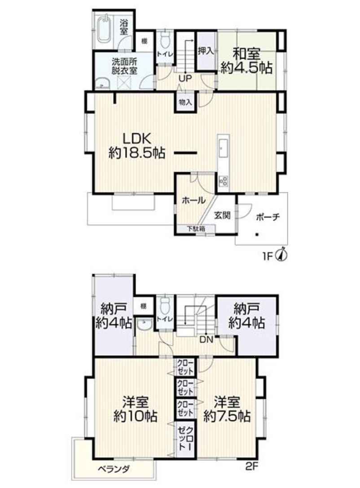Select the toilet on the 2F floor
coord(164,306)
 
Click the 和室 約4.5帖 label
coord(246,61)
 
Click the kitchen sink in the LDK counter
coord(223,148)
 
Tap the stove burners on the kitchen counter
coord(223,180)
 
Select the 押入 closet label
coord(206,51)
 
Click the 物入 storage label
coord(185,102)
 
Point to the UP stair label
coord(185,78)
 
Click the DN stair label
coord(206,340)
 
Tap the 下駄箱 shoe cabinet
coord(196,229)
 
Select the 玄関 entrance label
coord(222,215)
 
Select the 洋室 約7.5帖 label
coord(227,409)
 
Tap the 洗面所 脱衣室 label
coord(124,66)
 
